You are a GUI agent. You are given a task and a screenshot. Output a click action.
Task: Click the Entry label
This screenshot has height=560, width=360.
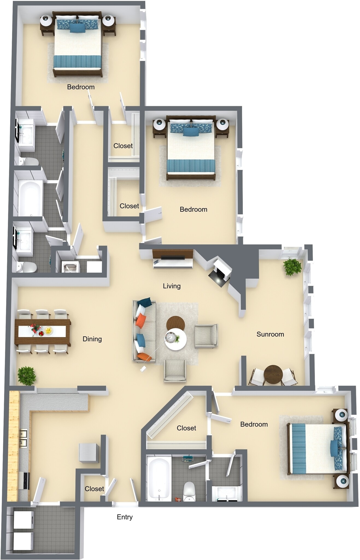(125, 517)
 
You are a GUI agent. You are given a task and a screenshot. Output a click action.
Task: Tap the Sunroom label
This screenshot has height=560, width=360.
(270, 334)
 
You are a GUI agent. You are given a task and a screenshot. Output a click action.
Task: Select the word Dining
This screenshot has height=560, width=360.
(92, 339)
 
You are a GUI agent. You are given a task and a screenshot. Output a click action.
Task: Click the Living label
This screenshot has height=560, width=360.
(172, 286)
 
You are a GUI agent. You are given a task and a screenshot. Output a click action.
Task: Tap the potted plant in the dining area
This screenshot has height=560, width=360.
(27, 375)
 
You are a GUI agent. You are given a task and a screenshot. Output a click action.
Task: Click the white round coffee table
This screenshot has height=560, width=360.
(176, 340)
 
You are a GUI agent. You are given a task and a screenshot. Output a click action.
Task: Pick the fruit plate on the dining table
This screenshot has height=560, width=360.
(48, 331)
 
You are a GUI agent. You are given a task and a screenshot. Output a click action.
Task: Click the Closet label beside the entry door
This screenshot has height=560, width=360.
(94, 489)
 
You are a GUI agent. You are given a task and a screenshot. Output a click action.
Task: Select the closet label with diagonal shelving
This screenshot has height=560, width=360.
(186, 428)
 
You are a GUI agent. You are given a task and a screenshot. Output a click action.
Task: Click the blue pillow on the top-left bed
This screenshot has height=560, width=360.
(77, 28)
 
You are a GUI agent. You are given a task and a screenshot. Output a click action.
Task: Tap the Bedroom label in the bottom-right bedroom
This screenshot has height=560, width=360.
(254, 424)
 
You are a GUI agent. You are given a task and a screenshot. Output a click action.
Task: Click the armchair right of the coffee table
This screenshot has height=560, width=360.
(206, 336)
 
